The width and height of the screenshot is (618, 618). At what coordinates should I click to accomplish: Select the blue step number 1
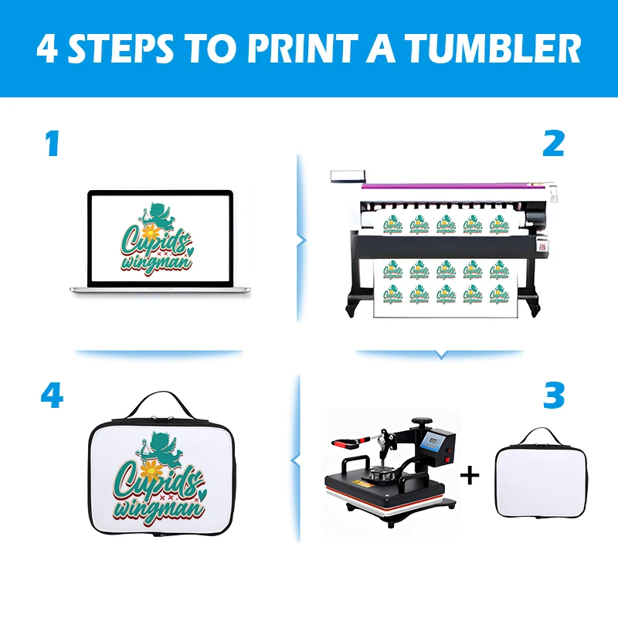tap(52, 144)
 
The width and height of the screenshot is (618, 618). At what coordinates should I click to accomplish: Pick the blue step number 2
tap(553, 144)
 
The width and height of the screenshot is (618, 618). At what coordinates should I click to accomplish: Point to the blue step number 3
tap(554, 396)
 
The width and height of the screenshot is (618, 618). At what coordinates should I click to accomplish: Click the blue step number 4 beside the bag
tap(52, 396)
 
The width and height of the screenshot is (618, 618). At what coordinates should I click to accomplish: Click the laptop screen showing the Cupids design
tap(160, 237)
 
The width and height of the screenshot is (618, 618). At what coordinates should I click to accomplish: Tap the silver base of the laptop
tap(160, 290)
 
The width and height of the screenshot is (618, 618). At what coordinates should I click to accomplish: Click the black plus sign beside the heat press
tap(470, 474)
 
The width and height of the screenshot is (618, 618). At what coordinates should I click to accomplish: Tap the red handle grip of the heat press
tap(347, 443)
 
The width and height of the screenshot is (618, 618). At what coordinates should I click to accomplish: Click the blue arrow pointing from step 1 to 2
tap(300, 239)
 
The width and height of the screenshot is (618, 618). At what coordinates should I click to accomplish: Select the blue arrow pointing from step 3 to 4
tap(294, 461)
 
